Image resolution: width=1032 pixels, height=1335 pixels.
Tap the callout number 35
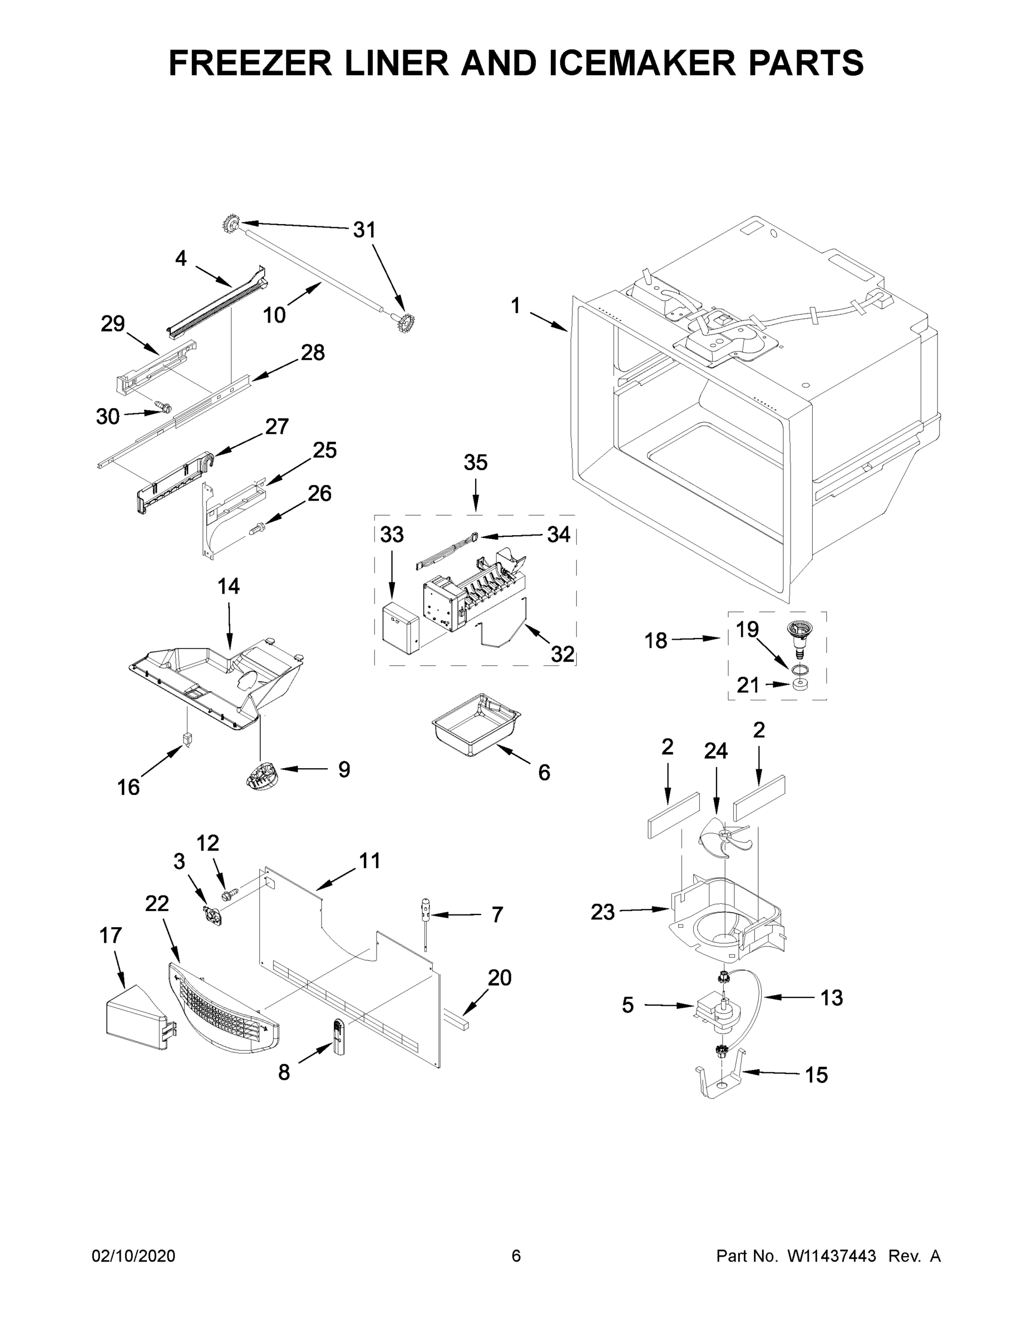(475, 462)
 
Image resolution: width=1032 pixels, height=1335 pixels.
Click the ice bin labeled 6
(475, 724)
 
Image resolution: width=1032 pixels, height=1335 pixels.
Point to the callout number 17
(111, 935)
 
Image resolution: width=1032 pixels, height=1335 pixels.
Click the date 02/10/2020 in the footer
(134, 1255)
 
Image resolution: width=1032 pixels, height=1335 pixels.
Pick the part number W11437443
(832, 1255)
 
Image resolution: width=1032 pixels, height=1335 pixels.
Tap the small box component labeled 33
(400, 629)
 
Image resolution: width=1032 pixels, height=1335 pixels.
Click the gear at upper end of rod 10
(230, 224)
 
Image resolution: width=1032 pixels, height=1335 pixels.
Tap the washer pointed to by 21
(798, 684)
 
